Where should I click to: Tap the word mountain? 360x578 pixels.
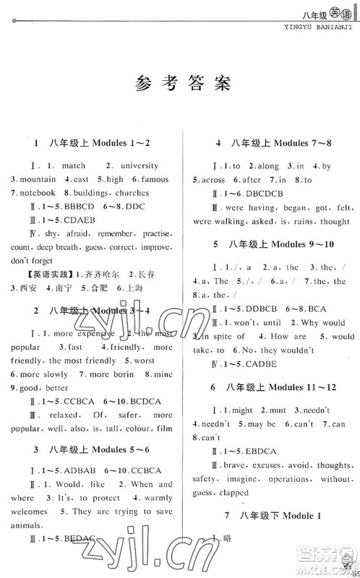38,180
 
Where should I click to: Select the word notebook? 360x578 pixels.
38,194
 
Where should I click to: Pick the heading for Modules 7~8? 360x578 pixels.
275,143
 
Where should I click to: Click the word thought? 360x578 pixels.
335,221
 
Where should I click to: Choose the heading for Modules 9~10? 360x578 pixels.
275,244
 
